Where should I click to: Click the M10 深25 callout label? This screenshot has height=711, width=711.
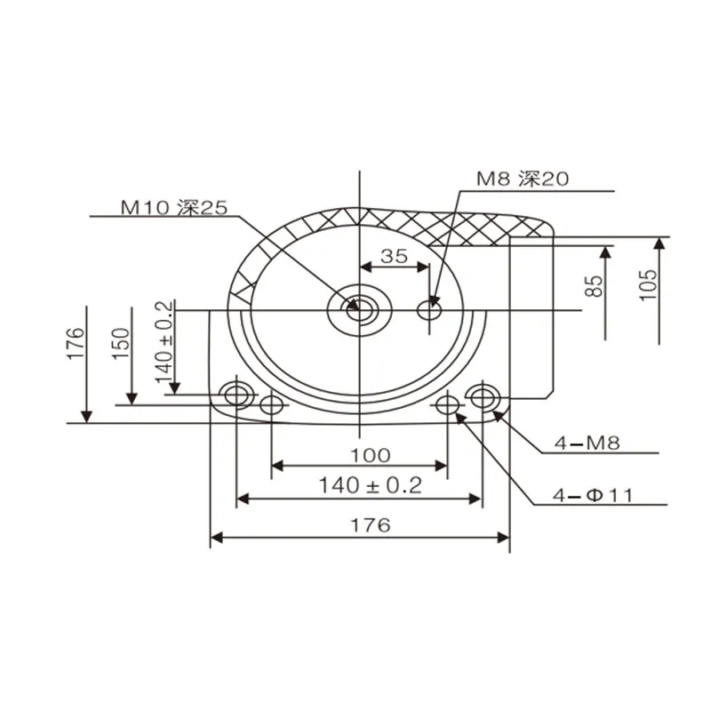pyautogui.click(x=174, y=208)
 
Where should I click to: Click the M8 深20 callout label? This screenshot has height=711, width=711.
pyautogui.click(x=523, y=179)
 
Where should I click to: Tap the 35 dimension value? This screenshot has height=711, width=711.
pyautogui.click(x=394, y=256)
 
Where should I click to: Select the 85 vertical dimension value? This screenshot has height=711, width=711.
pyautogui.click(x=594, y=286)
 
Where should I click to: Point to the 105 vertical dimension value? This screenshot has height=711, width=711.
pyautogui.click(x=648, y=284)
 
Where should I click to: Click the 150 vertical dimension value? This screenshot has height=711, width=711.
pyautogui.click(x=121, y=344)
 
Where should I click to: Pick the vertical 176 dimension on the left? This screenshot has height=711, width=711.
pyautogui.click(x=76, y=343)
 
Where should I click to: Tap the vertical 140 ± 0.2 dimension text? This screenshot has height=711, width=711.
pyautogui.click(x=164, y=342)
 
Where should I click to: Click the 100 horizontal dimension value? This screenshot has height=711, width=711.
pyautogui.click(x=371, y=455)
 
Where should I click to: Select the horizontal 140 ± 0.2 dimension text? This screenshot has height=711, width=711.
pyautogui.click(x=371, y=485)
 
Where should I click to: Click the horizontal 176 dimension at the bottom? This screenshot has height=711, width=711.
pyautogui.click(x=371, y=525)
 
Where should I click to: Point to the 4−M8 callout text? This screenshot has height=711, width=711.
pyautogui.click(x=587, y=443)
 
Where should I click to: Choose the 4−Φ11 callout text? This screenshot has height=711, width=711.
pyautogui.click(x=593, y=496)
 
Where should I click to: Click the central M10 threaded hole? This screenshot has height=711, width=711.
pyautogui.click(x=360, y=310)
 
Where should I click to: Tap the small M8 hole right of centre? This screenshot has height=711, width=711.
pyautogui.click(x=429, y=310)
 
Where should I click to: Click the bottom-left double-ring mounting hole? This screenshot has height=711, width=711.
pyautogui.click(x=236, y=395)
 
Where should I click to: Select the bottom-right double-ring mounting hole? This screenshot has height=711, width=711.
pyautogui.click(x=483, y=397)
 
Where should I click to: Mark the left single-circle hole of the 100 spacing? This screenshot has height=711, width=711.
pyautogui.click(x=271, y=404)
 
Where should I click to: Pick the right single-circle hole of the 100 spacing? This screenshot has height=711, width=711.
pyautogui.click(x=448, y=404)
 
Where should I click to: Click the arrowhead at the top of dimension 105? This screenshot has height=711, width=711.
pyautogui.click(x=659, y=243)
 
